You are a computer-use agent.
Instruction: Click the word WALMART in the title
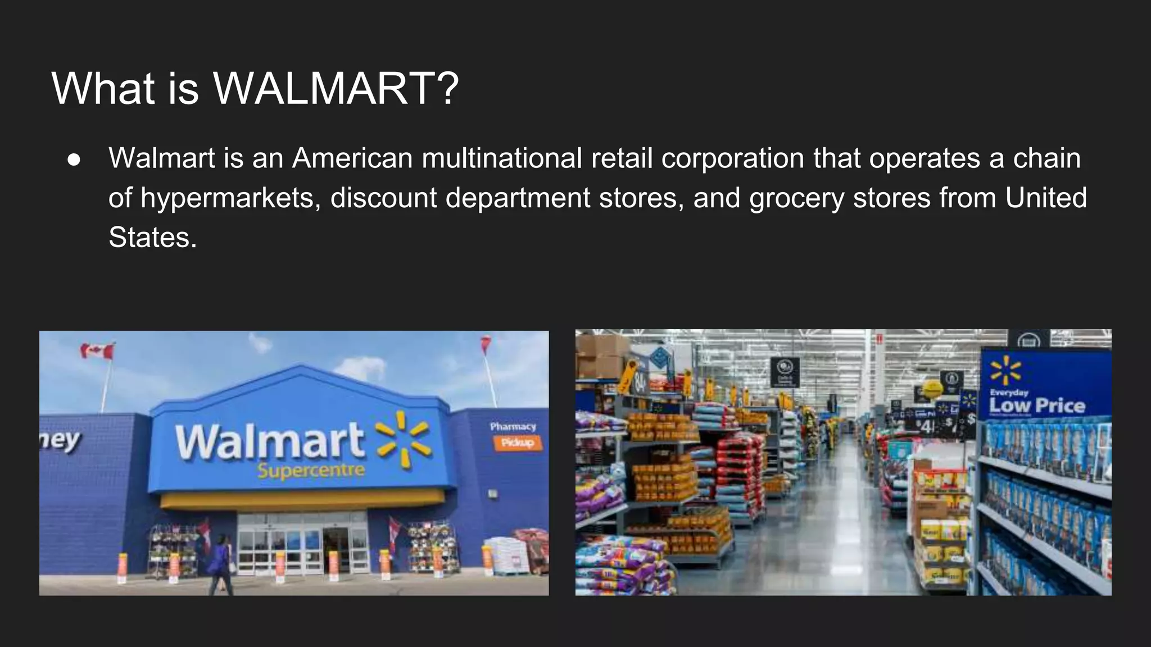[336, 89]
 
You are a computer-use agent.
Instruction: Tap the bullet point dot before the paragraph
[74, 160]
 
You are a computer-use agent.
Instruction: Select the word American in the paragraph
[352, 158]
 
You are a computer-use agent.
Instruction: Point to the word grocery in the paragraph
[796, 198]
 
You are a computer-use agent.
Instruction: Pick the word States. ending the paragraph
[152, 238]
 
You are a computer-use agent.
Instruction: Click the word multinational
[502, 158]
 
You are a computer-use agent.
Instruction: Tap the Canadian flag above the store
[97, 352]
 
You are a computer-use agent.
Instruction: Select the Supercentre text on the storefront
[311, 471]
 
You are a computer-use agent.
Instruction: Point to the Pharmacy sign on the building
[513, 427]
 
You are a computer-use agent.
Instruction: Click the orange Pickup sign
[518, 443]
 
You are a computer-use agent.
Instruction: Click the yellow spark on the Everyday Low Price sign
[1005, 371]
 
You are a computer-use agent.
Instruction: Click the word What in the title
[103, 89]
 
